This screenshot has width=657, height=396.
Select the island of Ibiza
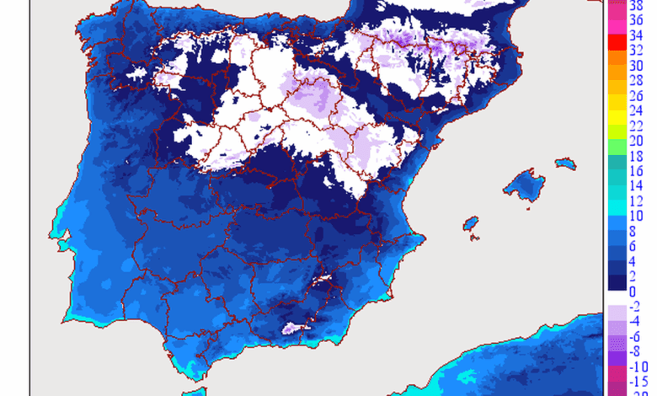pyautogui.click(x=470, y=223)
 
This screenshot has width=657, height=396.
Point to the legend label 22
pyautogui.click(x=638, y=125)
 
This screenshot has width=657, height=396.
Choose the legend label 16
pyautogui.click(x=638, y=172)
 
